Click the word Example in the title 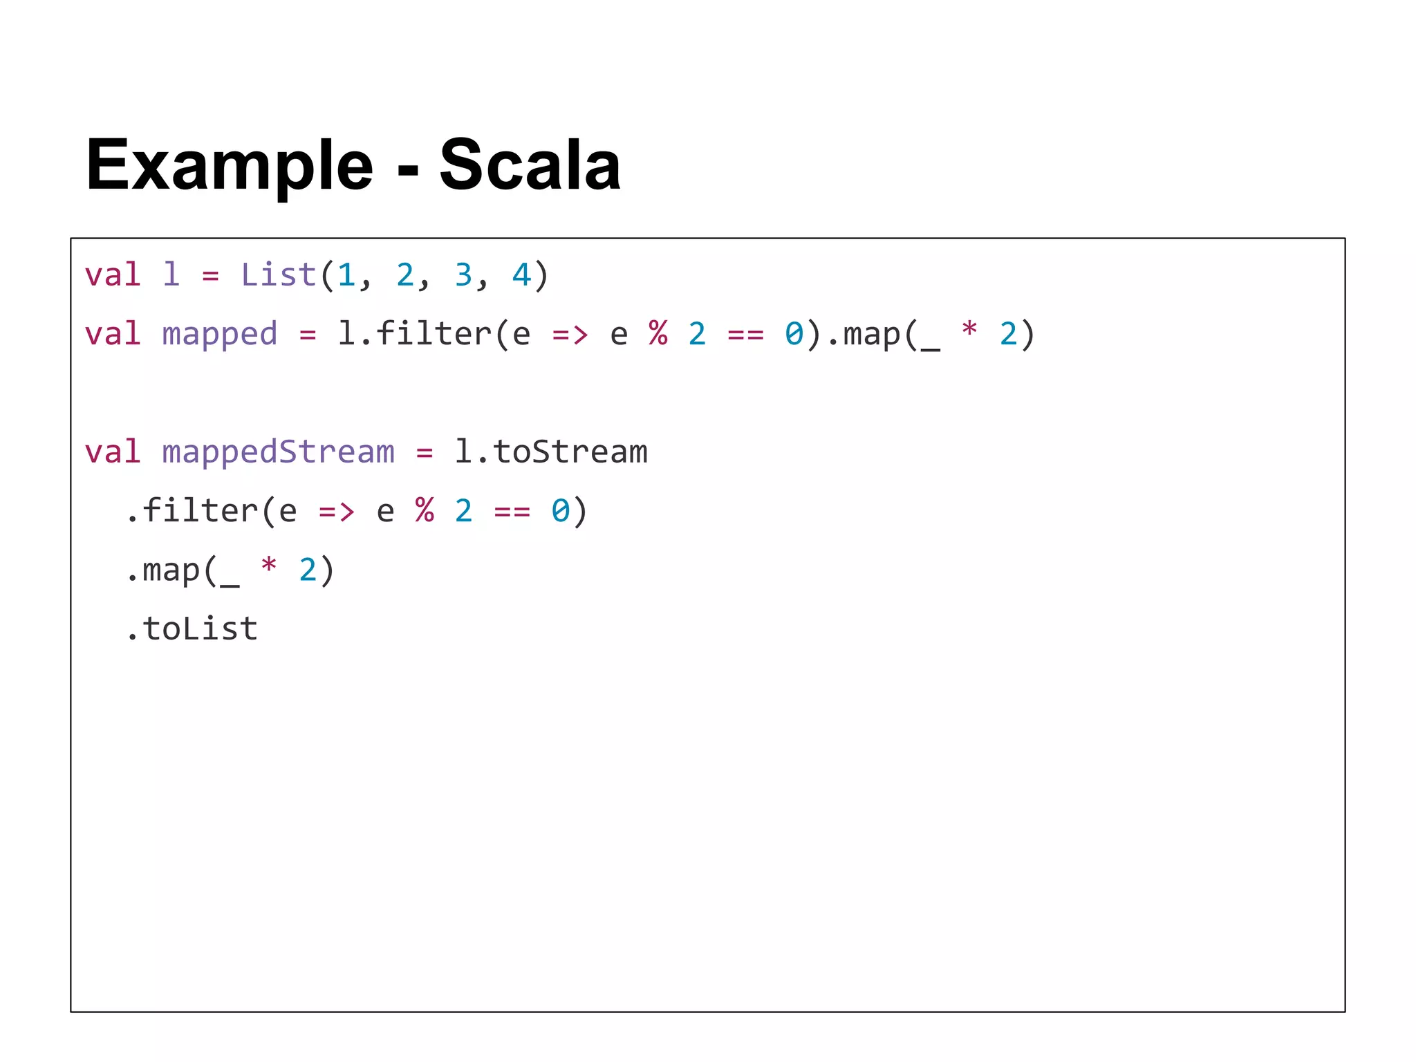tap(229, 166)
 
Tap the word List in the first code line tap(278, 275)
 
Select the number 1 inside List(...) tap(346, 275)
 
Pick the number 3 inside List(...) tap(463, 275)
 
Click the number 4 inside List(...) tap(521, 275)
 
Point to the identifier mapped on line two tap(219, 335)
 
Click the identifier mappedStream tap(278, 452)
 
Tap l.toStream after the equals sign tap(550, 452)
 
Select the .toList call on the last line tap(192, 629)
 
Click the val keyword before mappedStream tap(113, 452)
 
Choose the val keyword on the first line tap(113, 275)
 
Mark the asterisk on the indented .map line tap(268, 567)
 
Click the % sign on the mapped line tap(658, 334)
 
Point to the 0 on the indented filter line tap(561, 511)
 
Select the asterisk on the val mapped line tap(969, 330)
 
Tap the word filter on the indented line tap(201, 511)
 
